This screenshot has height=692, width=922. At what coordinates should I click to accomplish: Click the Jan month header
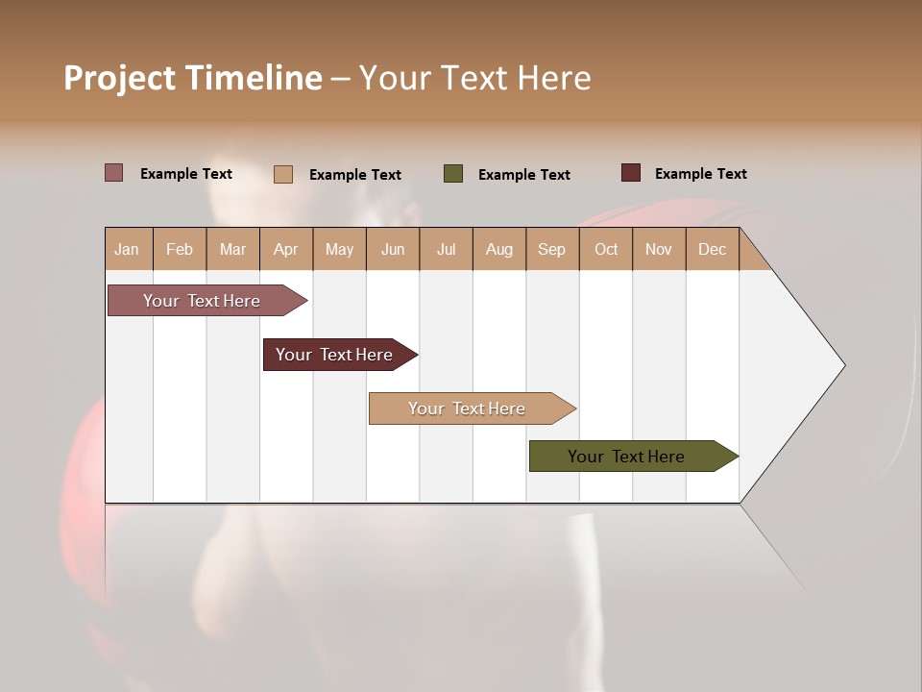click(x=128, y=249)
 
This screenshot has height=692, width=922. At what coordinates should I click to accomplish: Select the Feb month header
click(x=180, y=249)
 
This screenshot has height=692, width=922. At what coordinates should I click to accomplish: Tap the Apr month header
click(x=286, y=249)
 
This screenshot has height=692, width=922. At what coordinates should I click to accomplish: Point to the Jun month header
click(x=393, y=249)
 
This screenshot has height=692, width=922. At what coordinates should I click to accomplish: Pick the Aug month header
click(x=499, y=249)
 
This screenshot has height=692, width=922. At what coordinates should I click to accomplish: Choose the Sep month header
click(x=552, y=249)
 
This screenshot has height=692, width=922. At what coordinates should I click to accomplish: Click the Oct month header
click(x=606, y=249)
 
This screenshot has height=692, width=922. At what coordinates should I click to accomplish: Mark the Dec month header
click(x=713, y=249)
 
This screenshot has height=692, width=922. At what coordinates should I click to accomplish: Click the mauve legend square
click(x=113, y=173)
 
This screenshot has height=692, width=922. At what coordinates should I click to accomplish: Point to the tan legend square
click(x=283, y=174)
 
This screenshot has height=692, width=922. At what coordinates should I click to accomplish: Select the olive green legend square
click(x=453, y=174)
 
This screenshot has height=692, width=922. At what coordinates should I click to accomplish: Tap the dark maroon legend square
click(x=631, y=173)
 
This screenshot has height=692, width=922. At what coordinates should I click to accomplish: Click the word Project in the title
click(x=119, y=78)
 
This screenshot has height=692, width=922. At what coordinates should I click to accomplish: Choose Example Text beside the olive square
click(x=524, y=175)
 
